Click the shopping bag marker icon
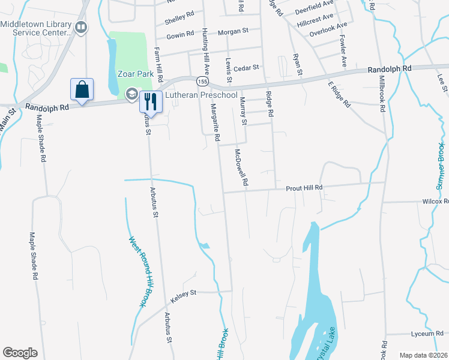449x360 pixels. (82, 89)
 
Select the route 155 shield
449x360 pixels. (202, 81)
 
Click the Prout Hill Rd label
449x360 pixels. (304, 188)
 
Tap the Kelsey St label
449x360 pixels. (185, 293)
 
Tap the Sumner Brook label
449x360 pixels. (441, 166)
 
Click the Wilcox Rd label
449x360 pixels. (435, 202)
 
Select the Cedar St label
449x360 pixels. (247, 68)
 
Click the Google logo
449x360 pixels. (20, 353)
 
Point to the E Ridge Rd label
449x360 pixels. (339, 94)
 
